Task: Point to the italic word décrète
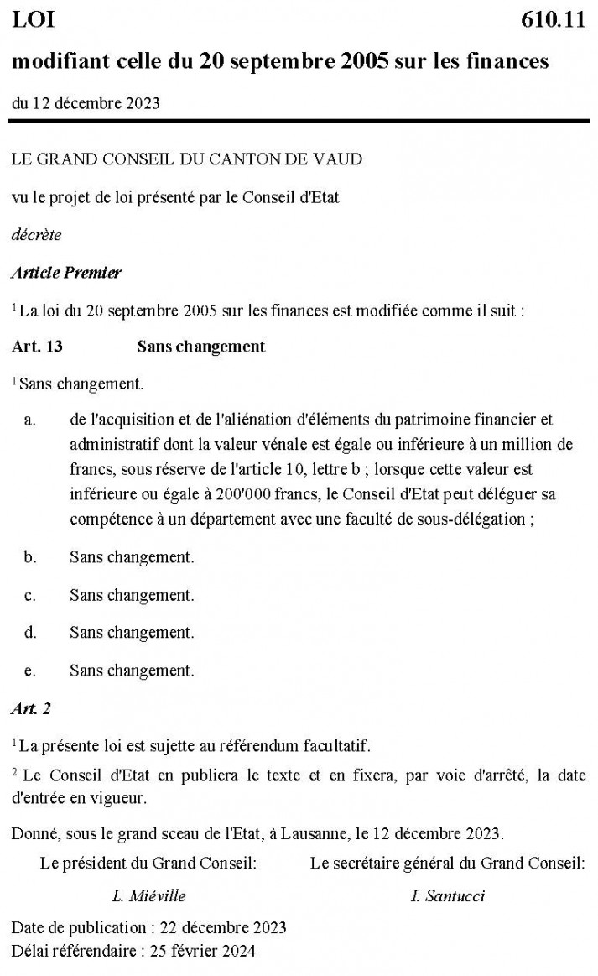36,235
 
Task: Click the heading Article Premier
66,273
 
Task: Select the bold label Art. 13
37,347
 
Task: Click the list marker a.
29,420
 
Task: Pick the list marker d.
30,633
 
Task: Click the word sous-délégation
472,519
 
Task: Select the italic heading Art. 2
31,708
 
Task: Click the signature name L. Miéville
148,895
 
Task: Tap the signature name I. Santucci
447,895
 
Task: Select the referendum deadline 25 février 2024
201,951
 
